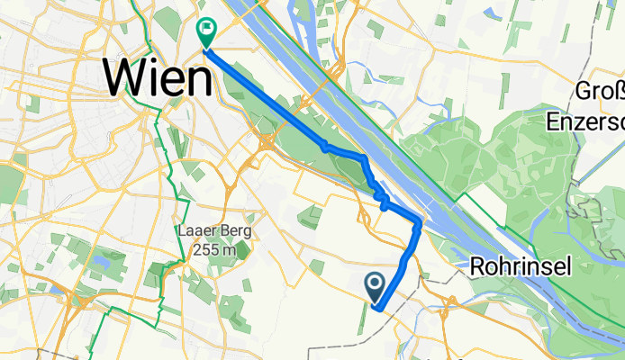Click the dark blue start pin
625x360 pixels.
pyautogui.click(x=376, y=287)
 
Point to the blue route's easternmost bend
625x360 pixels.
pyautogui.click(x=420, y=221)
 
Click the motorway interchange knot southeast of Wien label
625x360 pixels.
pyautogui.click(x=267, y=141)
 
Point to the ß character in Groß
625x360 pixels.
pyautogui.click(x=618, y=93)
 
